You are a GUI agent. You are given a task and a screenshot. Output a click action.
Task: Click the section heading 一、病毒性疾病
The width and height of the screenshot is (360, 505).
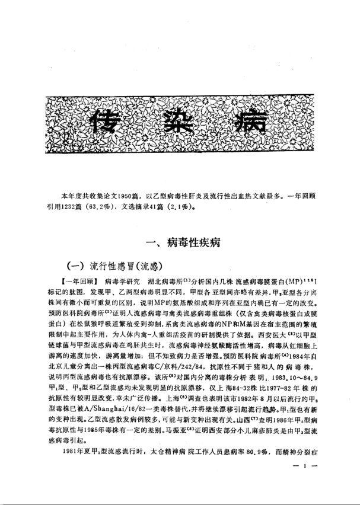click(x=180, y=241)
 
